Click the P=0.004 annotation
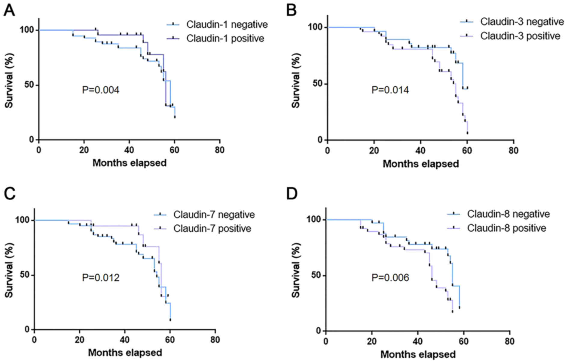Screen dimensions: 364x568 pyautogui.click(x=100, y=90)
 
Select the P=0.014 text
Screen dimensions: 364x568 pyautogui.click(x=390, y=90)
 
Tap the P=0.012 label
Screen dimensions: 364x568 pyautogui.click(x=100, y=277)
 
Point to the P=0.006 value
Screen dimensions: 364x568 pyautogui.click(x=390, y=277)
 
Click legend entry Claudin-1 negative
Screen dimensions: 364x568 pyautogui.click(x=227, y=24)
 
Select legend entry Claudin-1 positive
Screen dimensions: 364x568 pyautogui.click(x=225, y=39)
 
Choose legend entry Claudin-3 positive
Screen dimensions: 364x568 pyautogui.click(x=520, y=36)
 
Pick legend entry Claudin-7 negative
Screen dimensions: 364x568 pyautogui.click(x=214, y=214)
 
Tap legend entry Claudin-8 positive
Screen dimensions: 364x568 pyautogui.click(x=506, y=228)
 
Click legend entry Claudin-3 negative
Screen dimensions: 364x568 pyautogui.click(x=522, y=22)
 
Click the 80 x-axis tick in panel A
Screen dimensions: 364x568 pyautogui.click(x=220, y=150)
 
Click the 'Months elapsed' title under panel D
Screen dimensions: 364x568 pyautogui.click(x=418, y=354)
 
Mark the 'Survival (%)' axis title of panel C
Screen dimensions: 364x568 pyautogui.click(x=9, y=275)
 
